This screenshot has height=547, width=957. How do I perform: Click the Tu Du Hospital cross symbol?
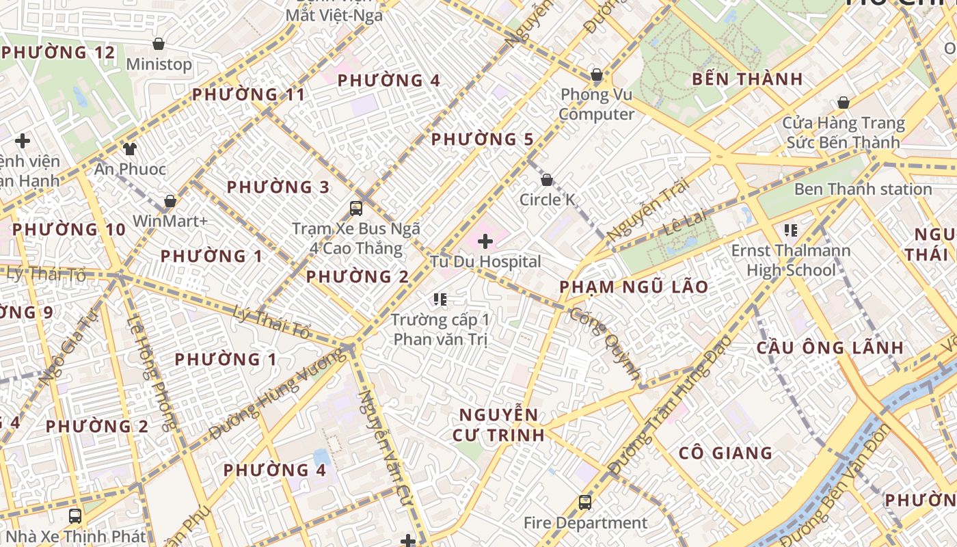tap(485, 241)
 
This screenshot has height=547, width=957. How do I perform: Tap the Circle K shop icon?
tap(547, 181)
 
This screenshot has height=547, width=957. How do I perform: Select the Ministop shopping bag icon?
tap(159, 44)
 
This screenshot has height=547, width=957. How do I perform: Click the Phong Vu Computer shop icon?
tap(597, 75)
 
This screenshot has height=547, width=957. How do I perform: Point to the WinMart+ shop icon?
tap(170, 202)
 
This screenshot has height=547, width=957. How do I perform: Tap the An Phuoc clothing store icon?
tap(130, 148)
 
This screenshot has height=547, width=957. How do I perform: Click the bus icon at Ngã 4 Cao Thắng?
tap(356, 209)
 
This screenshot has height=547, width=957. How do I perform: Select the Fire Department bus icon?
tap(585, 503)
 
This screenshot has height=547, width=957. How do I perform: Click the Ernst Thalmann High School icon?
tap(792, 230)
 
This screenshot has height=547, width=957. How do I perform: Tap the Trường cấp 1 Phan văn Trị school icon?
tap(440, 299)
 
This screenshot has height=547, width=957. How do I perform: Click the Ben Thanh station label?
tap(863, 189)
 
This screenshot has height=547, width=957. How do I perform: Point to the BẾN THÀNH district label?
tap(747, 79)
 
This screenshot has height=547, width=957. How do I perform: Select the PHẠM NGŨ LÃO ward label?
tap(634, 286)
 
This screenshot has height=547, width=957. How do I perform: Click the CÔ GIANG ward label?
tap(725, 453)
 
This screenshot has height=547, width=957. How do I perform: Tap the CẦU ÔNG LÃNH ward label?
tap(830, 347)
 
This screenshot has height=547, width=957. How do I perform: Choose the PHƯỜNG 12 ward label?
tap(58, 53)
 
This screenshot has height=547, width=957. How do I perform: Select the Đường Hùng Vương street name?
tap(278, 394)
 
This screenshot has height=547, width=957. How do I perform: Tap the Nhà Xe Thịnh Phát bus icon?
tap(75, 516)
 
